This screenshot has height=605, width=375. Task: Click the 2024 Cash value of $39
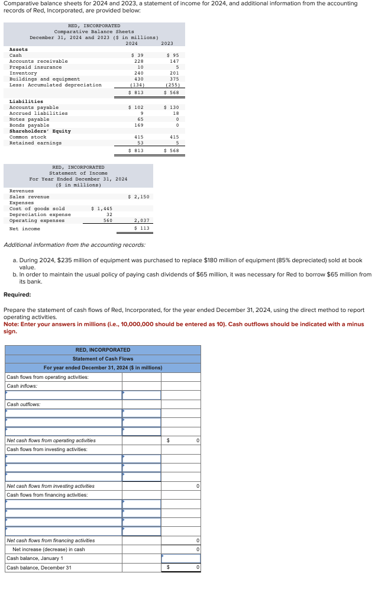pos(137,55)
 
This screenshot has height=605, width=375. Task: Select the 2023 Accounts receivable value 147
pos(174,61)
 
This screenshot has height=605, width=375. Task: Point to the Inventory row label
pos(23,73)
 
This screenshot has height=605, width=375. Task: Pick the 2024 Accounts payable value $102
pos(136,107)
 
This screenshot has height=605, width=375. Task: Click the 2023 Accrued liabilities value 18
pos(175,113)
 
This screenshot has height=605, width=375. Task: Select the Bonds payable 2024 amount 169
pos(138,125)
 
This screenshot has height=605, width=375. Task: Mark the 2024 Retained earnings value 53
pos(140,143)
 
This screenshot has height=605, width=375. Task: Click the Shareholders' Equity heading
pos(40,131)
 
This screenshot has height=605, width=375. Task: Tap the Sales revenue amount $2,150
pos(138,197)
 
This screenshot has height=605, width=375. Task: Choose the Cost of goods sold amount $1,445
pos(102,208)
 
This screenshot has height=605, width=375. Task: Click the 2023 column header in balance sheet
pos(167,43)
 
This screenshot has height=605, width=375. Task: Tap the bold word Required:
pos(17,294)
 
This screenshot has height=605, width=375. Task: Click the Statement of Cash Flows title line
pos(103,359)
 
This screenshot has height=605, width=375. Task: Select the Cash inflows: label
pos(22,386)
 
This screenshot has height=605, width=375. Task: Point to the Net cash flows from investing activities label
pos(50,485)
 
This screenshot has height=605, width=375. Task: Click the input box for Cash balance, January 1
pos(180,558)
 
